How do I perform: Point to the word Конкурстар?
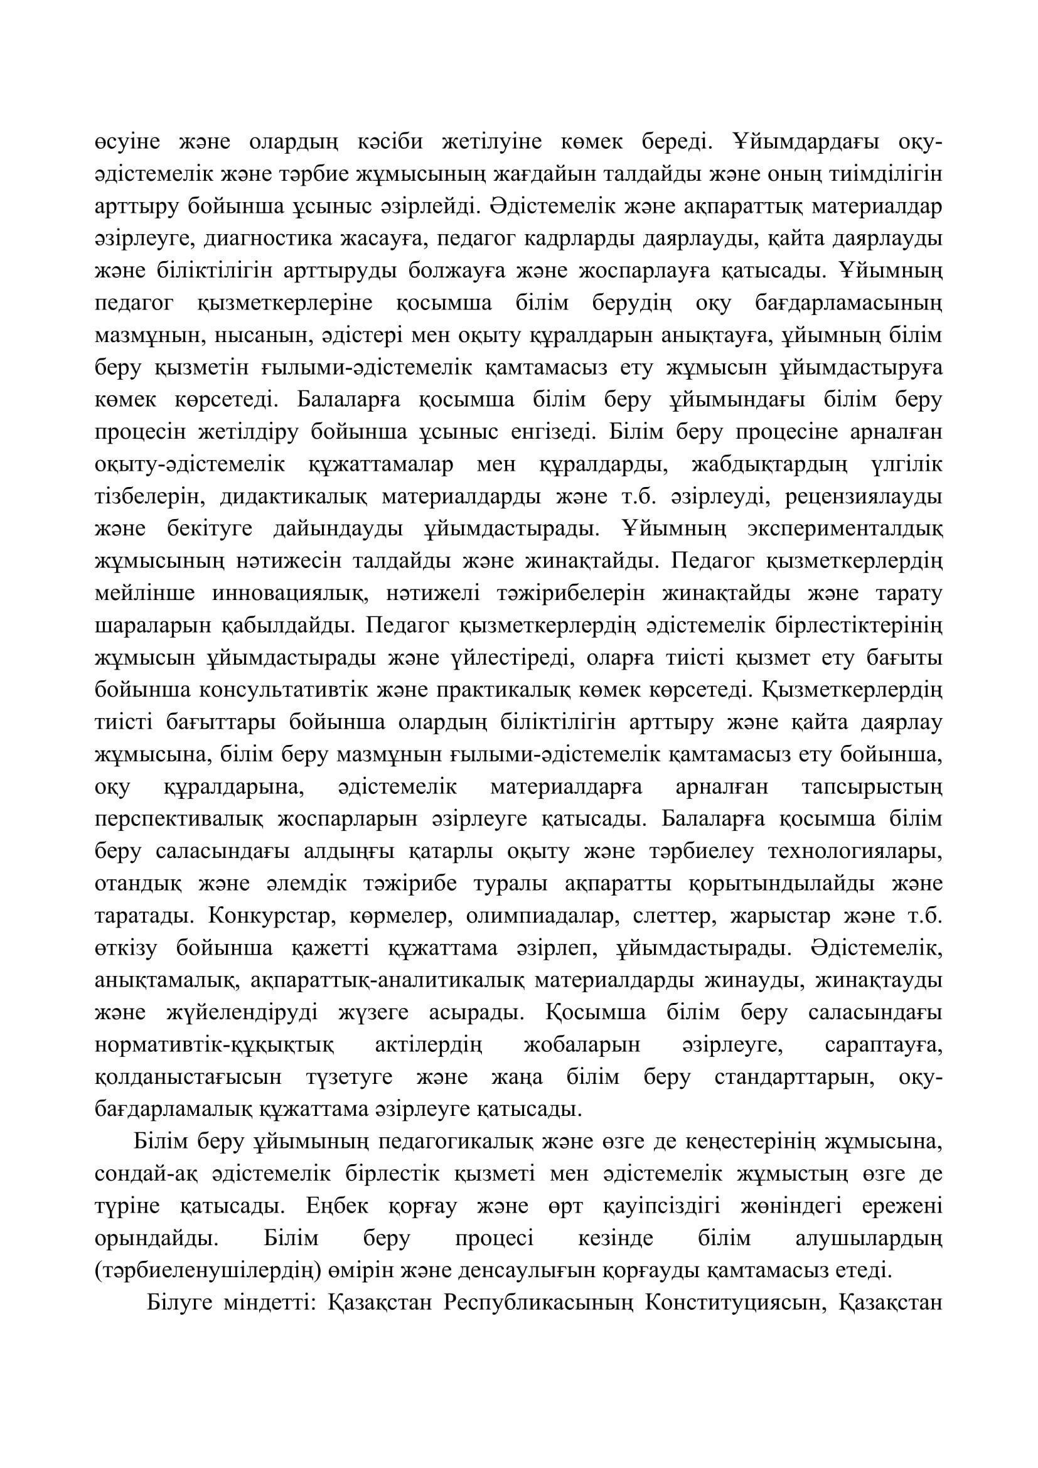pyautogui.click(x=271, y=916)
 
